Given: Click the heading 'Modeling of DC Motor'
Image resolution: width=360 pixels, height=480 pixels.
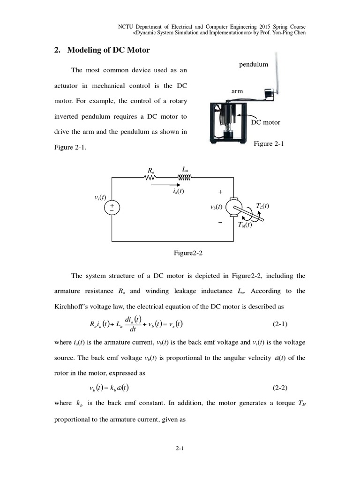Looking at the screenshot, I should tap(109, 50).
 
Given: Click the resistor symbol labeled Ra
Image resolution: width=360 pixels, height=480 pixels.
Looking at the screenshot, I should tap(150, 177).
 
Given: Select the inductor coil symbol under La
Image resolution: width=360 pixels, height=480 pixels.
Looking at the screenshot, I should tap(185, 177).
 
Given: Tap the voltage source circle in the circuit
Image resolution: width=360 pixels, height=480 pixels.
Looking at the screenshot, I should tap(112, 208).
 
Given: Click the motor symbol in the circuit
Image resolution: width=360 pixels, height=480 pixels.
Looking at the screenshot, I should tap(233, 208).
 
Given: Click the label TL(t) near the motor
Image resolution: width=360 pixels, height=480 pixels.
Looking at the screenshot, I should tap(262, 206).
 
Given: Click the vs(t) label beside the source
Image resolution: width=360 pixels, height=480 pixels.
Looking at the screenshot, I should tap(100, 197).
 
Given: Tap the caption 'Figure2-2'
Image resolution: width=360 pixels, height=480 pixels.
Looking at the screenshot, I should tap(188, 253).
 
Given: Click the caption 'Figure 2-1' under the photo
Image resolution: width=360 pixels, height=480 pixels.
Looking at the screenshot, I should tap(269, 144).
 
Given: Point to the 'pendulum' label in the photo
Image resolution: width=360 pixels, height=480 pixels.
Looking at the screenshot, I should tap(254, 64).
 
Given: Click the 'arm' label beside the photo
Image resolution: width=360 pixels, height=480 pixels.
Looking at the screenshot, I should tap(237, 91).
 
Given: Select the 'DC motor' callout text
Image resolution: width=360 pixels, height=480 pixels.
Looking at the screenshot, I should tap(265, 122).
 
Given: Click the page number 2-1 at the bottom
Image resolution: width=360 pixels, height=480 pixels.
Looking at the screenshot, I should tap(180, 449).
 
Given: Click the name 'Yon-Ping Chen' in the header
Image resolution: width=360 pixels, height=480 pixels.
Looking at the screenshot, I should tap(293, 33).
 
